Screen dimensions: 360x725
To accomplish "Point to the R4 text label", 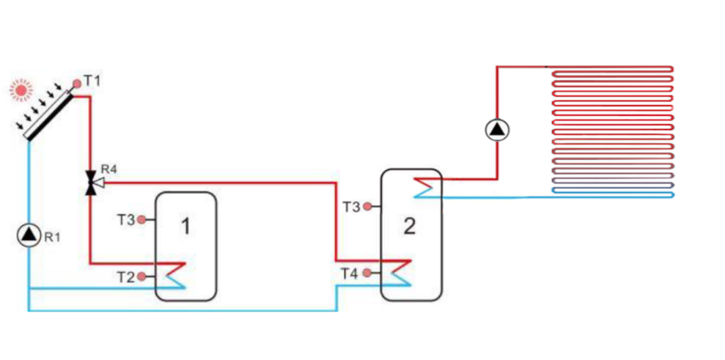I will pos(108,170).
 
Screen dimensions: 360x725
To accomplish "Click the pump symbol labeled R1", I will pos(29,235).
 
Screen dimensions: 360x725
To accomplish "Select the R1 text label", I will pos(51,237).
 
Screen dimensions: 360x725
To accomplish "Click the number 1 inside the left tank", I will pos(185,227).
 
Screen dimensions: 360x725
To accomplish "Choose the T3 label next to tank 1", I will pos(126,219).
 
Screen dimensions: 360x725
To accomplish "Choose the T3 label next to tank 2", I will pos(352,207).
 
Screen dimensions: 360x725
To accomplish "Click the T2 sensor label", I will pos(125,276).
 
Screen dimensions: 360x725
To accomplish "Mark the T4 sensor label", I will pos(350,273).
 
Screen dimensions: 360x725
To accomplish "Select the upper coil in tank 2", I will pos(424,186).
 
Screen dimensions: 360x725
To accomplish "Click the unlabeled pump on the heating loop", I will pos(498,130).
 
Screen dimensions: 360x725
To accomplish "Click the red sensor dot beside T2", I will pos(143,276).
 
